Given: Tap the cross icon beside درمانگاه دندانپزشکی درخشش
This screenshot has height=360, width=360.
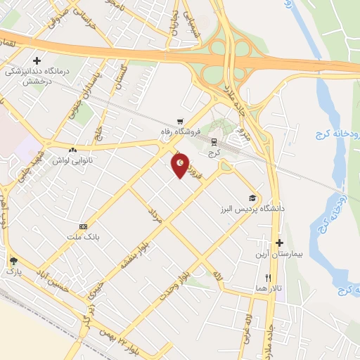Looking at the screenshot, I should point(36,62).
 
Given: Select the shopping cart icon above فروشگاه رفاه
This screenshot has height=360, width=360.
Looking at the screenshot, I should point(181,122).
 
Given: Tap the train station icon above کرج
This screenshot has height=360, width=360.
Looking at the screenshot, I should point(214,142).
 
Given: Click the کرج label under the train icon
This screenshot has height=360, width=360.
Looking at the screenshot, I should point(214,152).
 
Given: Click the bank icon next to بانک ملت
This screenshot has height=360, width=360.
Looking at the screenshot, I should point(84,226).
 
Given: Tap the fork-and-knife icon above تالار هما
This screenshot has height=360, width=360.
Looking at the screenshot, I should point(268,278).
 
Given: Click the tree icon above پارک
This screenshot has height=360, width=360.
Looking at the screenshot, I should point(13,260).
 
